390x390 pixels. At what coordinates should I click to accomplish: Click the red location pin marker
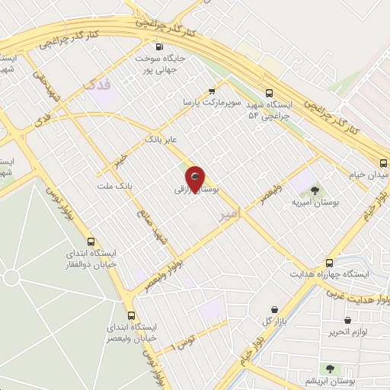[196, 177]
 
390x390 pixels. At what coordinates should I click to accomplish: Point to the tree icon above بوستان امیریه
[315, 190]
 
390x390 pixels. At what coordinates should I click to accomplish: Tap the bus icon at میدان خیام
[384, 161]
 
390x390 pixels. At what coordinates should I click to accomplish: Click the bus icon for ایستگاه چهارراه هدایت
[329, 261]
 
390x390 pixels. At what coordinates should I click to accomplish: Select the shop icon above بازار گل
[273, 308]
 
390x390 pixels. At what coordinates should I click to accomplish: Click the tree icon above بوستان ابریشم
[330, 368]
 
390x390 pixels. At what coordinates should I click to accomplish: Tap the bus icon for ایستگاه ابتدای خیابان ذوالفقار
[91, 241]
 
